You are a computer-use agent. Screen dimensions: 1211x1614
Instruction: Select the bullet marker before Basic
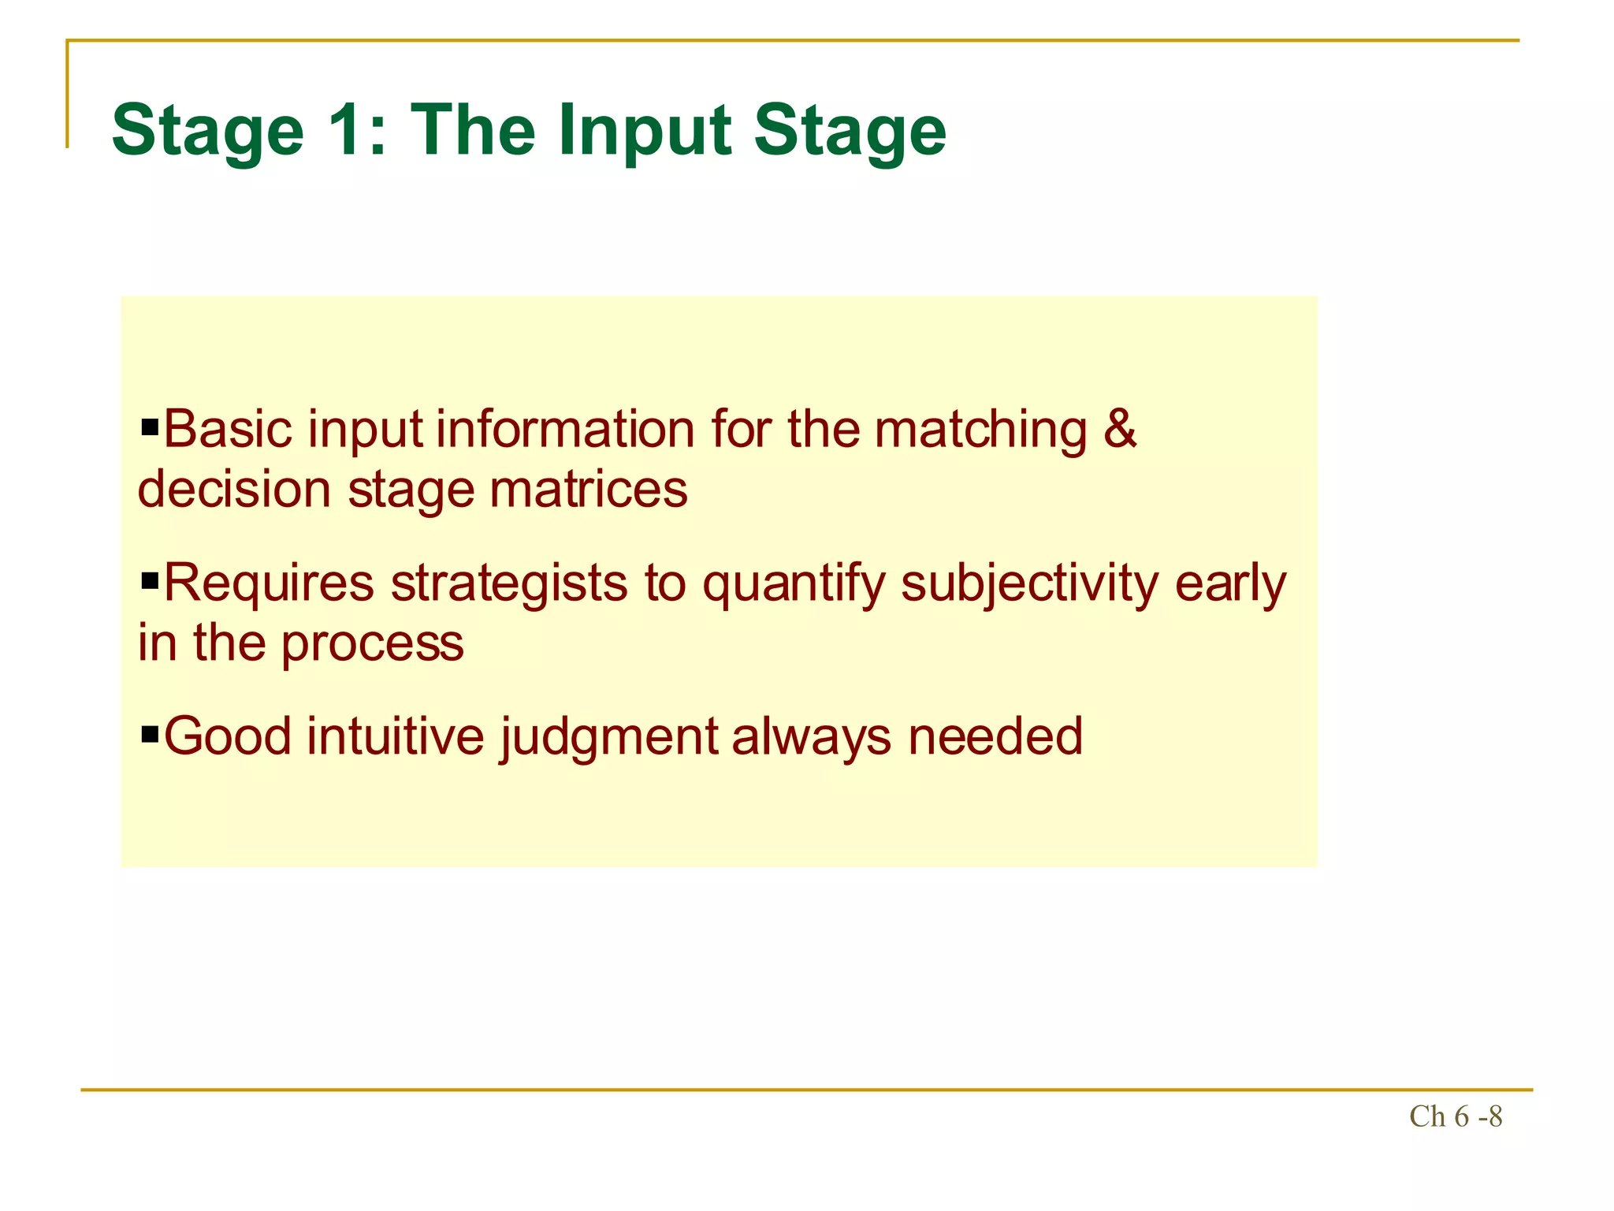click(150, 430)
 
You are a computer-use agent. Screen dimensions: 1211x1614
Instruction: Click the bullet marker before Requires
click(150, 583)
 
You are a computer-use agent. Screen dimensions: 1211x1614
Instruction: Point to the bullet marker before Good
click(150, 736)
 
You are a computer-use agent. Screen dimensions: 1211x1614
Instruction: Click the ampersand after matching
click(1120, 430)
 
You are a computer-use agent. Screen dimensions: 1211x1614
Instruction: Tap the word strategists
click(509, 583)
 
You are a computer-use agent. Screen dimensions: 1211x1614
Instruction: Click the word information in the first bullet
click(565, 430)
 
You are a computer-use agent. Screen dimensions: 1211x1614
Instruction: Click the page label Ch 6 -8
click(1455, 1116)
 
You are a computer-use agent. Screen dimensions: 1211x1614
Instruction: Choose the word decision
click(234, 490)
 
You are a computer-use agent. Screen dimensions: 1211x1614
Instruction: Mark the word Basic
click(228, 430)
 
